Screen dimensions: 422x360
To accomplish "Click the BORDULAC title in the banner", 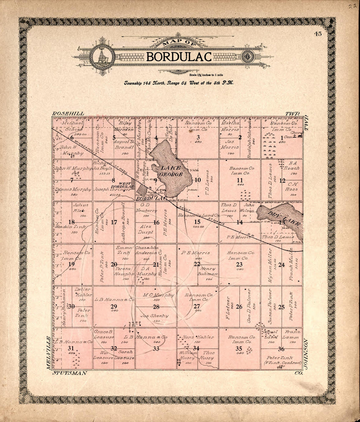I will pos(179,57).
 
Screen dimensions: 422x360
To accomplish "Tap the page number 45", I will pos(317,33).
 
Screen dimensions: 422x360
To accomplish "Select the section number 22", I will pos(197,264).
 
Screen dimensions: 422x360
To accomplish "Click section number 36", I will pos(281,349).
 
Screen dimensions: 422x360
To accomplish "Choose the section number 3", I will pos(198,137).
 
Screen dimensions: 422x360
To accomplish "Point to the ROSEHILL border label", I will pos(68,113).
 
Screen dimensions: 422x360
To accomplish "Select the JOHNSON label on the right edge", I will pos(306,354).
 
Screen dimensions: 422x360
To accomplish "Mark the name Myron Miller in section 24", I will pos(270,264).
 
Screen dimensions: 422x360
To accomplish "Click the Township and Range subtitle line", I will pos(178,83).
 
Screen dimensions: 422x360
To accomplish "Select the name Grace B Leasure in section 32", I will pos(103,334).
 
